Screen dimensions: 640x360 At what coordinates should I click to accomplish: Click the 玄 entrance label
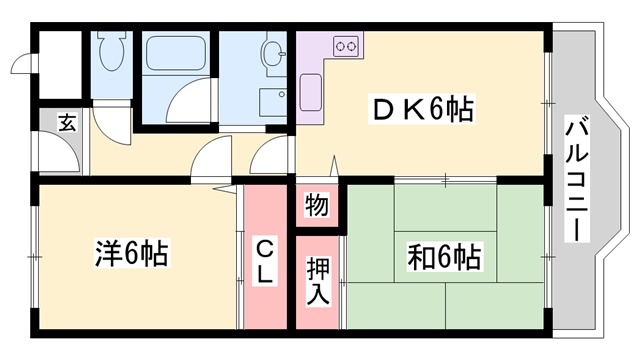[66, 123]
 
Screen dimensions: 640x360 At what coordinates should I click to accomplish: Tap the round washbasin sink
[271, 51]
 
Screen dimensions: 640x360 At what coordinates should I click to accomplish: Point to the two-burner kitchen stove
[346, 46]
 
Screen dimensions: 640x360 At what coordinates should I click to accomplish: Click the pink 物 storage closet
[316, 206]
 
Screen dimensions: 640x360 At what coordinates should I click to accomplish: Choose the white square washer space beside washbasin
[272, 103]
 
